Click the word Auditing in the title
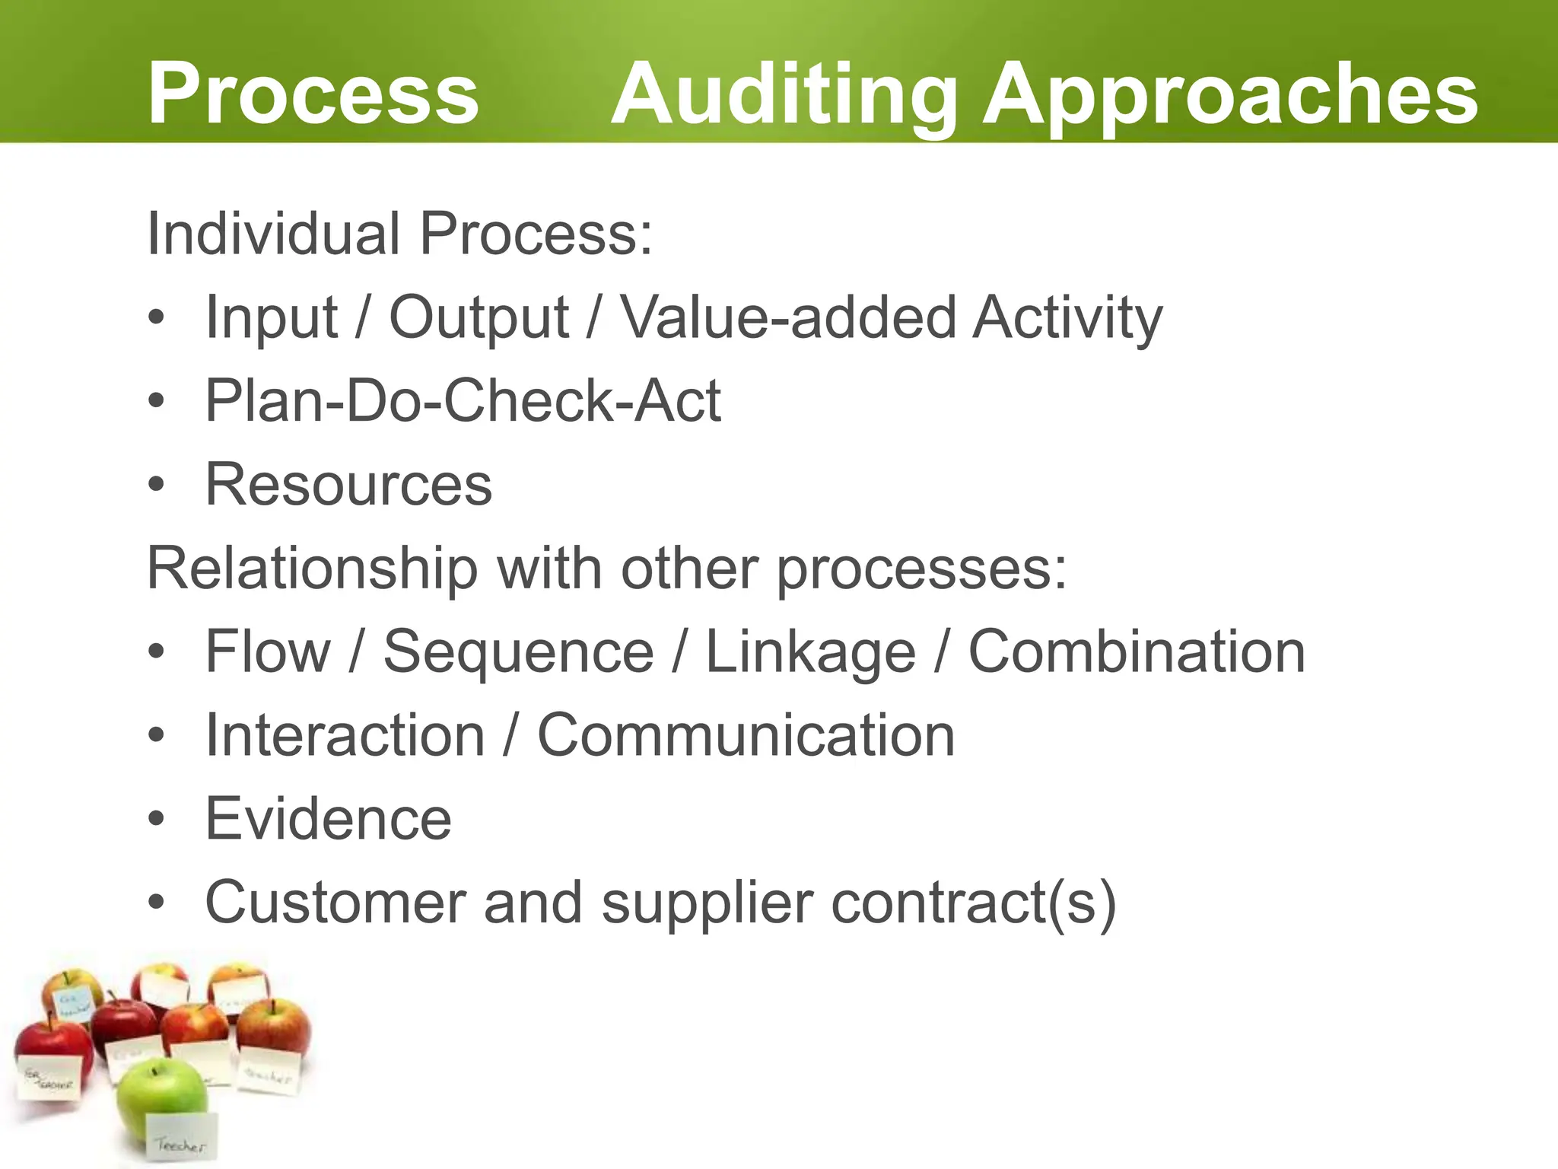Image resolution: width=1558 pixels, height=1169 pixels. pyautogui.click(x=784, y=94)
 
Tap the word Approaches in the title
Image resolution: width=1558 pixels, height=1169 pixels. pyautogui.click(x=1230, y=94)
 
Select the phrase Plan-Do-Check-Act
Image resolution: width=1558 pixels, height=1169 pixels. pyautogui.click(x=463, y=400)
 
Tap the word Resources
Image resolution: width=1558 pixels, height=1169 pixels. pyautogui.click(x=348, y=484)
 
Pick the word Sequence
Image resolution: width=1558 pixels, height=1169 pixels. pyautogui.click(x=518, y=651)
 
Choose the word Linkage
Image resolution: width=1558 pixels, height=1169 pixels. pyautogui.click(x=810, y=653)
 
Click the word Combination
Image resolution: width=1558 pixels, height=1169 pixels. pyautogui.click(x=1137, y=651)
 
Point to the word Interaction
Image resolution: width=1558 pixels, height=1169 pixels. pyautogui.click(x=345, y=735)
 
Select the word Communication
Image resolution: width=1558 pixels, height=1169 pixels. pyautogui.click(x=746, y=735)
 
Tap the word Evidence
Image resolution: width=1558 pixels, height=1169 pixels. pyautogui.click(x=329, y=819)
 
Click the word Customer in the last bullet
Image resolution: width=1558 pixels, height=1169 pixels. pyautogui.click(x=335, y=903)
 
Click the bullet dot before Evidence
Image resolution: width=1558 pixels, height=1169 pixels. pyautogui.click(x=156, y=820)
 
